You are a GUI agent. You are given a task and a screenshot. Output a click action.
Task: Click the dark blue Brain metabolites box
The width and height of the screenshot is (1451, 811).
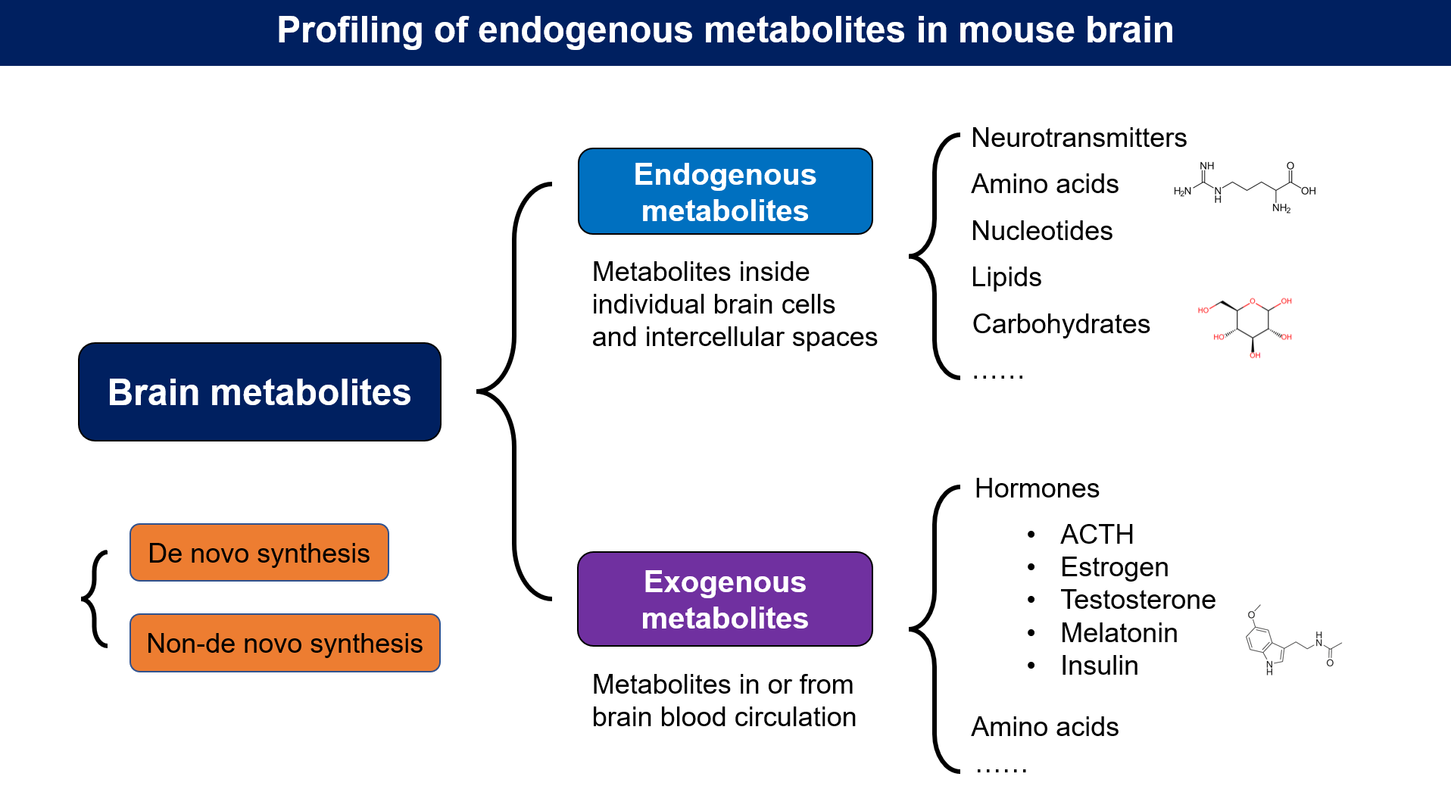pyautogui.click(x=259, y=391)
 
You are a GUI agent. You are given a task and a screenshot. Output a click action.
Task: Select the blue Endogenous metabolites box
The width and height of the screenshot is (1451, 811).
pyautogui.click(x=725, y=192)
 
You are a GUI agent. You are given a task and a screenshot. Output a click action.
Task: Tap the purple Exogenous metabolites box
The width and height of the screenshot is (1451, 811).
pyautogui.click(x=725, y=599)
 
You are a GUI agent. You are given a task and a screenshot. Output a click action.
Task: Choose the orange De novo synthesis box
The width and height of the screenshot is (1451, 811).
pyautogui.click(x=259, y=553)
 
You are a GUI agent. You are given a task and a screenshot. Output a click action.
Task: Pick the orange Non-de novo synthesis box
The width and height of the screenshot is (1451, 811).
pyautogui.click(x=285, y=643)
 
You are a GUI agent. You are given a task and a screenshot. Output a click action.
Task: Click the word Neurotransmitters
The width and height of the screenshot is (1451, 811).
pyautogui.click(x=1078, y=138)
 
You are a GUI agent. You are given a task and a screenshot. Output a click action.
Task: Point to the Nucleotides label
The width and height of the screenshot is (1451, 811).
pyautogui.click(x=1041, y=231)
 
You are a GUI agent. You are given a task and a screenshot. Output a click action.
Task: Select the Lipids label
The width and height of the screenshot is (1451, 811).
pyautogui.click(x=1006, y=277)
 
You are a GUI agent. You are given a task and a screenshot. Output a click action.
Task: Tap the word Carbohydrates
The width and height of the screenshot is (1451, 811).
pyautogui.click(x=1060, y=324)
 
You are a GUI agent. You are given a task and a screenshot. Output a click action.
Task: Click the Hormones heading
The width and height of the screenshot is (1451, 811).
pyautogui.click(x=1036, y=488)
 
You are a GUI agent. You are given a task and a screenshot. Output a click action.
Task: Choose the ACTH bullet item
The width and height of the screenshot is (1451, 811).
pyautogui.click(x=1097, y=535)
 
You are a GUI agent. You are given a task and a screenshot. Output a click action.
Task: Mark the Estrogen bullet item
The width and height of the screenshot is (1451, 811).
pyautogui.click(x=1114, y=567)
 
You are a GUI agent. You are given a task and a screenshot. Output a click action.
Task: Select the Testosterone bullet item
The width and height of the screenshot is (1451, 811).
pyautogui.click(x=1137, y=600)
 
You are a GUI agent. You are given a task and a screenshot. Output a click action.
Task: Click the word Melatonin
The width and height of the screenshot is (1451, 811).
pyautogui.click(x=1119, y=633)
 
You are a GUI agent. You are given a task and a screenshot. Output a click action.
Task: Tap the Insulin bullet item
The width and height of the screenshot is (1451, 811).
pyautogui.click(x=1099, y=666)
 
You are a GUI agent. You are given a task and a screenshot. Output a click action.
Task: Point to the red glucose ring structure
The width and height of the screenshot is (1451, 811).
pyautogui.click(x=1252, y=323)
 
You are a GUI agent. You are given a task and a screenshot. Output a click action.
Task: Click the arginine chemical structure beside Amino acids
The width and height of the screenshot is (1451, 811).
pyautogui.click(x=1244, y=188)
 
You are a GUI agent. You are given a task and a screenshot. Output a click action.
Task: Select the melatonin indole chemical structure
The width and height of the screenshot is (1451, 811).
pyautogui.click(x=1290, y=642)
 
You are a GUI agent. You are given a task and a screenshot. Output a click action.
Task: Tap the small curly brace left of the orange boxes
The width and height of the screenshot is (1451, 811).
pyautogui.click(x=94, y=598)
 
